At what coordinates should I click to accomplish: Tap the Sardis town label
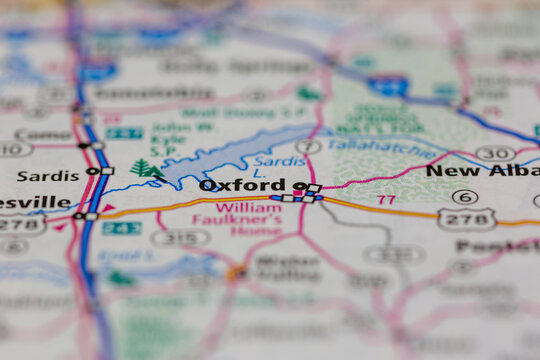(x=47, y=175)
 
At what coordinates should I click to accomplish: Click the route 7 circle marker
(x=308, y=147)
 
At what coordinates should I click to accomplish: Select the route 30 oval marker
(x=495, y=153)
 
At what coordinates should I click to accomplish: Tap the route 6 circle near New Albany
(x=465, y=196)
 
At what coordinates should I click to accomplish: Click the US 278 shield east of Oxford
(x=466, y=218)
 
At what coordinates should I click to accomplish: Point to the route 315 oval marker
(x=180, y=237)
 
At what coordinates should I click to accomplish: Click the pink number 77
(x=386, y=199)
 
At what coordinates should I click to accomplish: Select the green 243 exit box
(x=121, y=228)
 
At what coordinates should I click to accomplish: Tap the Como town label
(x=43, y=134)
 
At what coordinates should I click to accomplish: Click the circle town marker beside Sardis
(x=92, y=171)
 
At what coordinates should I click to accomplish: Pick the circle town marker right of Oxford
(x=299, y=186)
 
